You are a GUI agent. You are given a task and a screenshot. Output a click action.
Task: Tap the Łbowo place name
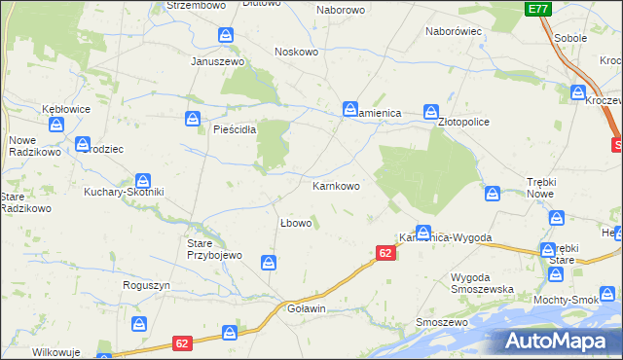(x=295, y=223)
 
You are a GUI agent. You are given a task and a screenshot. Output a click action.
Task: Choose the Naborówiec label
(x=454, y=31)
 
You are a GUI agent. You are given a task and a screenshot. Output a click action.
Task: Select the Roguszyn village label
(x=147, y=285)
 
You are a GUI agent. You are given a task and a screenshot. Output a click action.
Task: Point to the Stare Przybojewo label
(x=205, y=249)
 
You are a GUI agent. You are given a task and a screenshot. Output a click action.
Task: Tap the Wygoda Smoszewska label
(x=484, y=283)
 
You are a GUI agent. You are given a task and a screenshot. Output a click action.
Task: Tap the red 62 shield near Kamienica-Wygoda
(x=385, y=253)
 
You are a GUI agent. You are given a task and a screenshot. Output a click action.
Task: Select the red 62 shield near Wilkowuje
(x=182, y=343)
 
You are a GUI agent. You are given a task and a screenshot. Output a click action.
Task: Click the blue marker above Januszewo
(x=226, y=36)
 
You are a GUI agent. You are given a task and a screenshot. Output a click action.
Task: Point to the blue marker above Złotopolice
(x=430, y=112)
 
